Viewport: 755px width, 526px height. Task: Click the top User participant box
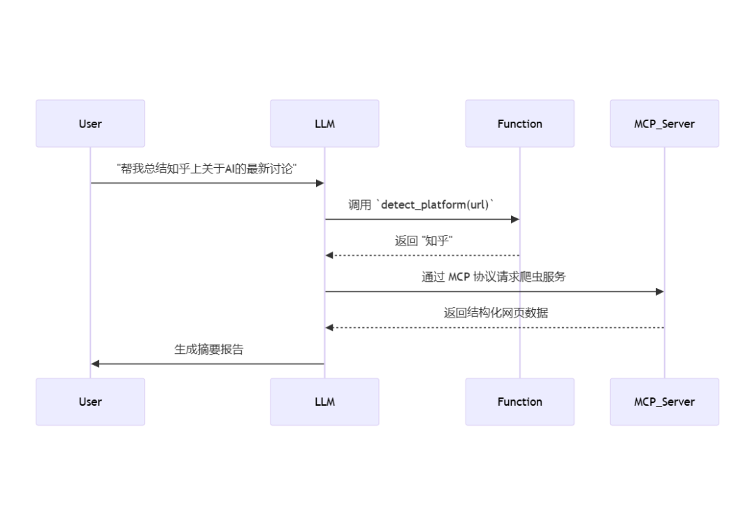click(90, 124)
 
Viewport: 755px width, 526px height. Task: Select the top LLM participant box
click(324, 124)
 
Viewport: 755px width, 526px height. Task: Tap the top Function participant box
click(519, 124)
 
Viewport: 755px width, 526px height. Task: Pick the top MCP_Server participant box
click(664, 124)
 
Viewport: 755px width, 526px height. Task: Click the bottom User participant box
click(90, 401)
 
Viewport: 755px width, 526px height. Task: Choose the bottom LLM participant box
click(324, 401)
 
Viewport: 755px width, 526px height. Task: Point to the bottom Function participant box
click(519, 401)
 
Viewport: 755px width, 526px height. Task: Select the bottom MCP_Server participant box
click(664, 401)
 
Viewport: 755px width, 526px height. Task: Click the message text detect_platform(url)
click(436, 205)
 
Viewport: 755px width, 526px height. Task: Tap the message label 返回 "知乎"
click(424, 241)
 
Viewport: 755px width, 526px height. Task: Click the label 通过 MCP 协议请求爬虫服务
click(494, 277)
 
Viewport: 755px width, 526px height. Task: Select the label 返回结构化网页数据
click(495, 313)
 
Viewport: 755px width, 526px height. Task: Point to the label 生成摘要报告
click(208, 350)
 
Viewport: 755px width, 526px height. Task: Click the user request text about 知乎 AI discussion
click(207, 169)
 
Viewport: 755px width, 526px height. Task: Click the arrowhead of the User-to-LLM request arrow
click(320, 183)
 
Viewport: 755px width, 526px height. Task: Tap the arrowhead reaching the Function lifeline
click(515, 220)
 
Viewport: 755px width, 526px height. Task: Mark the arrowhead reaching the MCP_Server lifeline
click(659, 292)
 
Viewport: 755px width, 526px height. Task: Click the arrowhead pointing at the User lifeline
click(96, 364)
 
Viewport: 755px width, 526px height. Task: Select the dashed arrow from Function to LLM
click(422, 255)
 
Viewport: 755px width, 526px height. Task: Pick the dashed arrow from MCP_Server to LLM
click(495, 327)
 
